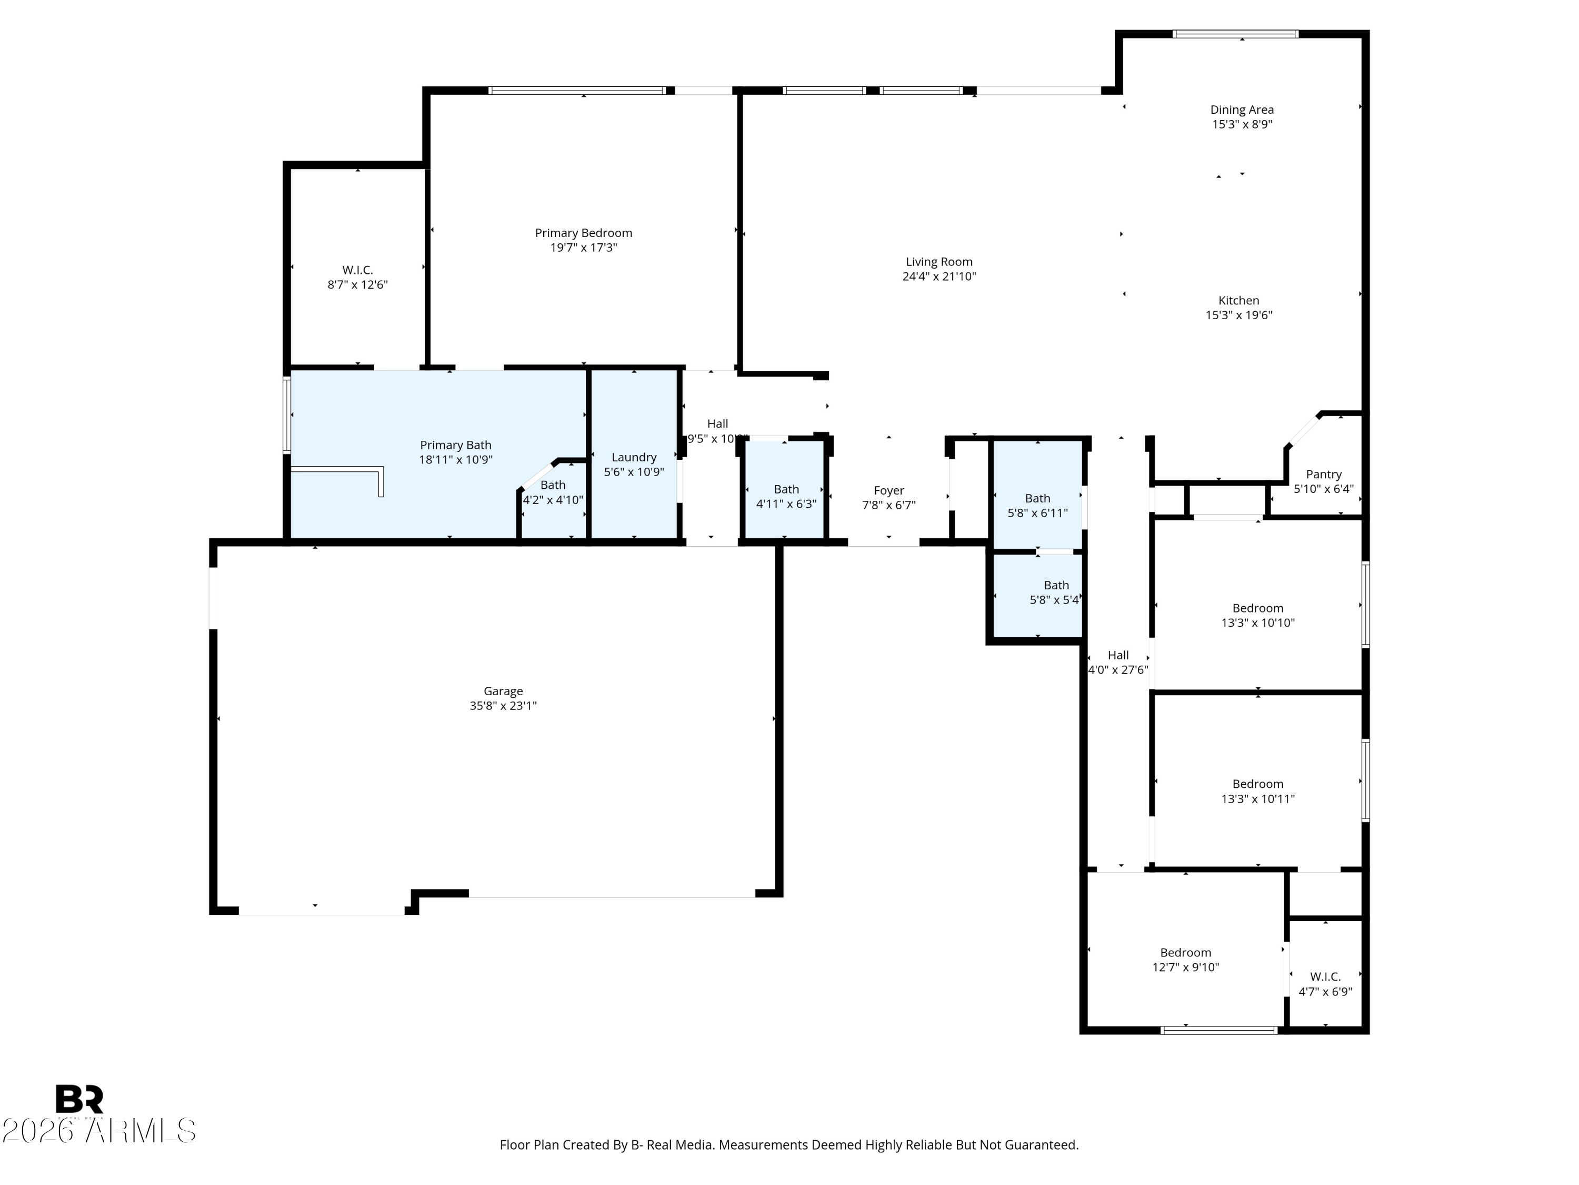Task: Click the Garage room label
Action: [503, 690]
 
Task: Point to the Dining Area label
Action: [1241, 110]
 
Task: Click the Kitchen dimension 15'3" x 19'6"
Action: [1238, 315]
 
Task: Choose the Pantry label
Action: [1323, 475]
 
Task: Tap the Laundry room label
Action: [633, 457]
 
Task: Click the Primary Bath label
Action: [455, 445]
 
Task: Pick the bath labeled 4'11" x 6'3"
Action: [786, 497]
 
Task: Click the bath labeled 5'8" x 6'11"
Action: [1037, 506]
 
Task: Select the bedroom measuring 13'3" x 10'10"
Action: [1257, 616]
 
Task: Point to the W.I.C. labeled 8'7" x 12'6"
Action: [357, 277]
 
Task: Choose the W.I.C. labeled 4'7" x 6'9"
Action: [1325, 984]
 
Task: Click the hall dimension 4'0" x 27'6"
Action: [1117, 670]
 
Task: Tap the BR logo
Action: [79, 1099]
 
